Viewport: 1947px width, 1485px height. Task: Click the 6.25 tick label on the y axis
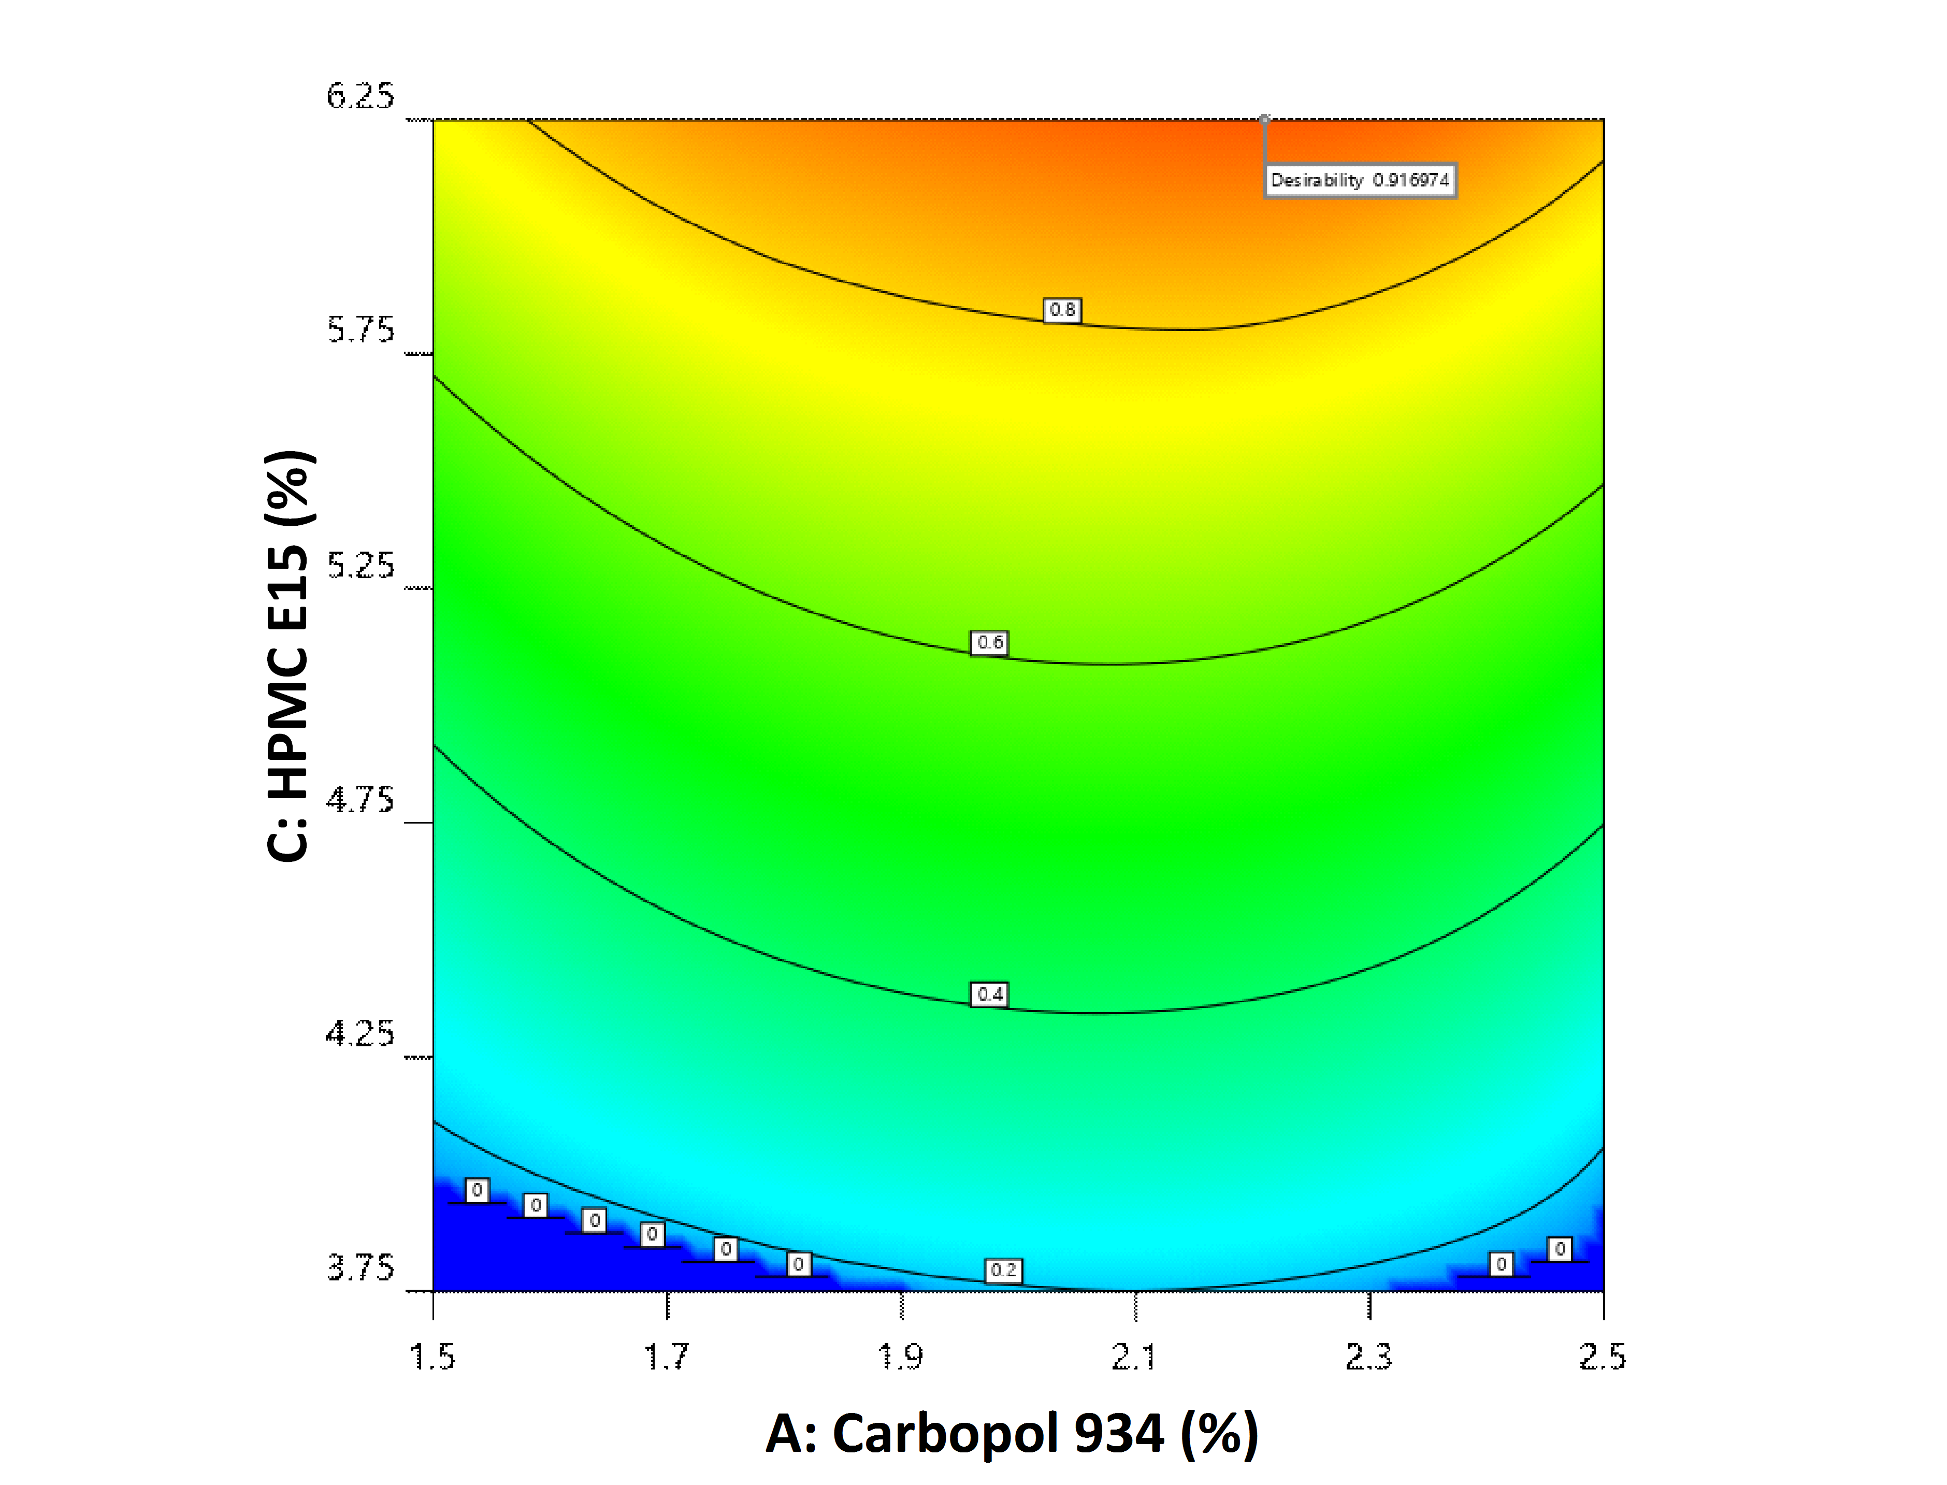point(359,95)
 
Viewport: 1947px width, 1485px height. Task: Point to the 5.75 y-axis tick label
point(359,330)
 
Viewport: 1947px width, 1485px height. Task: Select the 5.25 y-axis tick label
point(359,566)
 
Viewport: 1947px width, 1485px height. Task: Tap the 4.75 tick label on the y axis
point(359,800)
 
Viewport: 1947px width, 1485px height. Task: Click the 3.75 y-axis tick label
point(359,1268)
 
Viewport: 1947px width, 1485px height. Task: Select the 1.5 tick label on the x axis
point(433,1356)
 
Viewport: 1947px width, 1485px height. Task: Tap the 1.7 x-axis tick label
point(667,1356)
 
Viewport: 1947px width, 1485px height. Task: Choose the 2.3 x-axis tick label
point(1368,1356)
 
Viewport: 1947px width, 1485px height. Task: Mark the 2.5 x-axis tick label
point(1603,1356)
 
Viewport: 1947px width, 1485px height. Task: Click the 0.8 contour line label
point(1062,310)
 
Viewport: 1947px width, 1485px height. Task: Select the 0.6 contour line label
point(990,643)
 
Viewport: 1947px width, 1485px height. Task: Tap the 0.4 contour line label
point(990,994)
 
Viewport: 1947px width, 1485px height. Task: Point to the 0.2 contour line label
point(1003,1270)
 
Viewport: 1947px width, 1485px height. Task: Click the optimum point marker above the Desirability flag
point(1265,119)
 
